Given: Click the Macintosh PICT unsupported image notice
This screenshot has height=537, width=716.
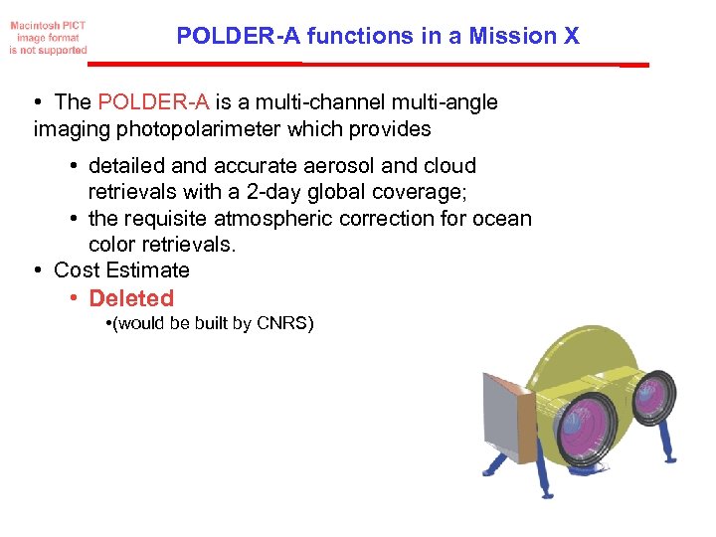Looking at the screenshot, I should coord(48,37).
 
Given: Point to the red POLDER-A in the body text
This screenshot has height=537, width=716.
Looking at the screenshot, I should coord(153,102).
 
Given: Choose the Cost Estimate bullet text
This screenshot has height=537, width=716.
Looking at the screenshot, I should coord(121,270).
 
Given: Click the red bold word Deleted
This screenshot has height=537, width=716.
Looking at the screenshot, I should coord(131,298).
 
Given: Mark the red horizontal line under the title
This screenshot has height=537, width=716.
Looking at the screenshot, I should coord(368,65).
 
